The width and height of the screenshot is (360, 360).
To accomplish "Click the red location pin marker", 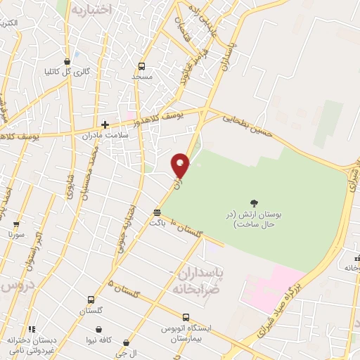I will click(181, 165).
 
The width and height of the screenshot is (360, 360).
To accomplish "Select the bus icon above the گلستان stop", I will click(90, 300).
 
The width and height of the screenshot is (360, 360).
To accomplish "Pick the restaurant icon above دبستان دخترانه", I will click(32, 329).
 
